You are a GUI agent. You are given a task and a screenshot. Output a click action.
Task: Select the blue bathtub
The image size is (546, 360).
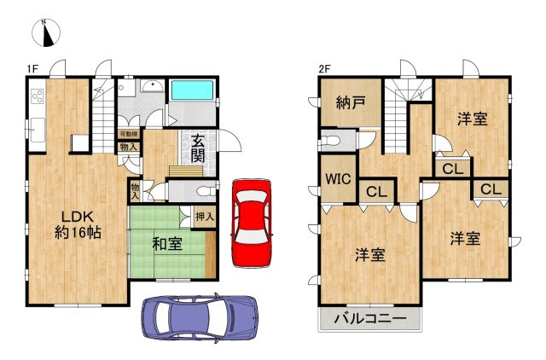(x=194, y=90)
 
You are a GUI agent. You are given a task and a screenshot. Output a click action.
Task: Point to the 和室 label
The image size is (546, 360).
(x=166, y=245)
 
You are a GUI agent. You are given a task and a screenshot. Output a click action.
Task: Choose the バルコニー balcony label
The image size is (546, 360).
(x=370, y=321)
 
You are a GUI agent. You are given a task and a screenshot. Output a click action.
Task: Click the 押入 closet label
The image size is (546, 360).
(x=205, y=218)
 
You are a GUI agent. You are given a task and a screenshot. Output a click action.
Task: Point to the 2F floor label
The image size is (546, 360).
(x=323, y=68)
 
